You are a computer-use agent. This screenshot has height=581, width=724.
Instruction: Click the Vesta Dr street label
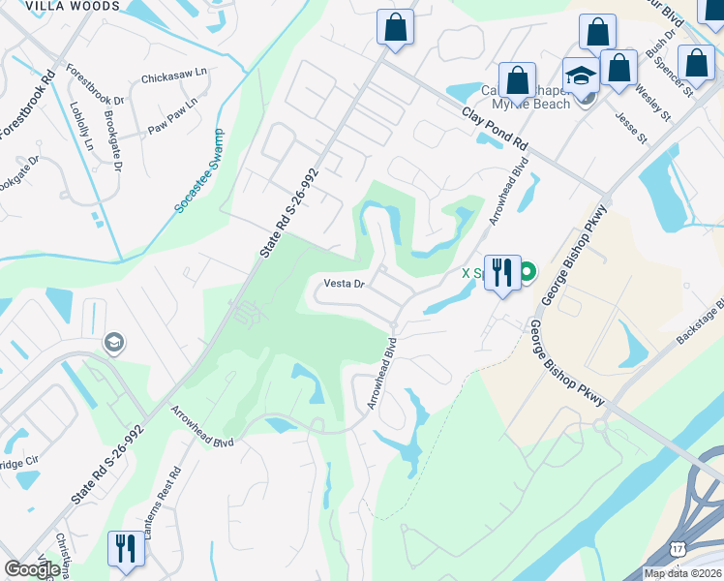pyautogui.click(x=343, y=285)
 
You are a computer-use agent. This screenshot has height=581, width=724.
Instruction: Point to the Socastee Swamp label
pyautogui.click(x=198, y=171)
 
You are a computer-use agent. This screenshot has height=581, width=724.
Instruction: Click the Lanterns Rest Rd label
pyautogui.click(x=175, y=505)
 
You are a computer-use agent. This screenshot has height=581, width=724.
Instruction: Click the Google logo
pyautogui.click(x=31, y=569)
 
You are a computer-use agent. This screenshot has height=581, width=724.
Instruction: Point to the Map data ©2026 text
pyautogui.click(x=682, y=573)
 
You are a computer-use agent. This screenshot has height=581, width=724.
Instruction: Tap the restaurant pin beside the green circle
pyautogui.click(x=501, y=274)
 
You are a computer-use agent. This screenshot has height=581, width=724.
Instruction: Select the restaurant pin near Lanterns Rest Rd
pyautogui.click(x=127, y=549)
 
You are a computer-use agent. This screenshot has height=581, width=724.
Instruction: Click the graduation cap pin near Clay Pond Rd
pyautogui.click(x=582, y=76)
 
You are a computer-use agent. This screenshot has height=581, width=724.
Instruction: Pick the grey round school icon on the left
pyautogui.click(x=114, y=343)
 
